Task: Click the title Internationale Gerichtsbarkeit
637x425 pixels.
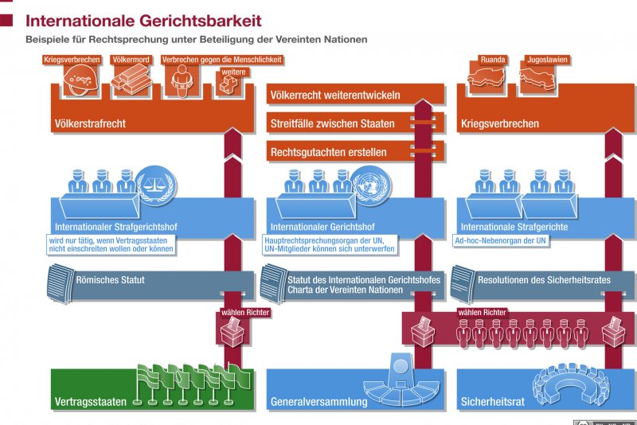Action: coord(143,20)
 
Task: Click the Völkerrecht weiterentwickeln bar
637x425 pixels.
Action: coord(335,96)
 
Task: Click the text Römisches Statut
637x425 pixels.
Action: coord(111,280)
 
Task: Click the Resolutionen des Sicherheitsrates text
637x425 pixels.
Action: coord(545,280)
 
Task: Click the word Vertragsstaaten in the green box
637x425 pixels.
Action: coord(90,402)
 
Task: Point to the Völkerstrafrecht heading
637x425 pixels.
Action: coord(90,123)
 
